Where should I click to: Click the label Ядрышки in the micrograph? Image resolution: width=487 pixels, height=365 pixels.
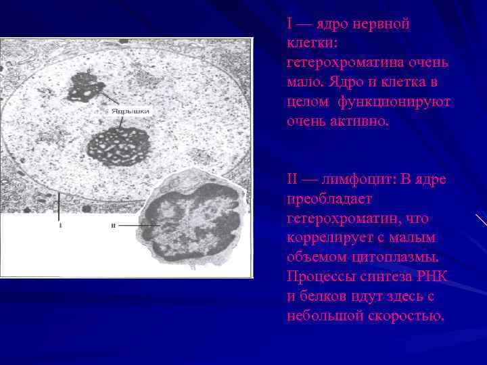(127, 110)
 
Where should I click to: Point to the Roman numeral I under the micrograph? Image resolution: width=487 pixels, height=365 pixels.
(60, 226)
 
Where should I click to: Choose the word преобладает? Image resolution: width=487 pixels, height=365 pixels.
(321, 200)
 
